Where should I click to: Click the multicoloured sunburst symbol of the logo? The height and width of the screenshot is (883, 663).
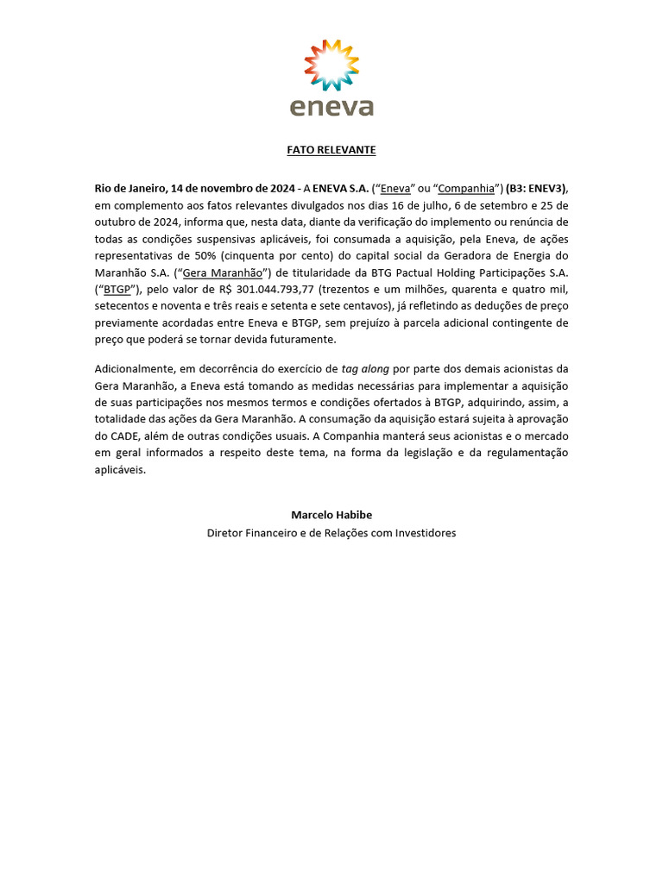pos(331,65)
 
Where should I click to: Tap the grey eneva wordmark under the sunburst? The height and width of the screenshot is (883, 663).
pos(331,107)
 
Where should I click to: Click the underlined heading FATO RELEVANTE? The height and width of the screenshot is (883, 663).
pos(331,150)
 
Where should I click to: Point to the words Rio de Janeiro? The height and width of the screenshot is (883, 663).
pos(130,188)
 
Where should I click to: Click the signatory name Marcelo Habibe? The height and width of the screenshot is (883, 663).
pos(331,515)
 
